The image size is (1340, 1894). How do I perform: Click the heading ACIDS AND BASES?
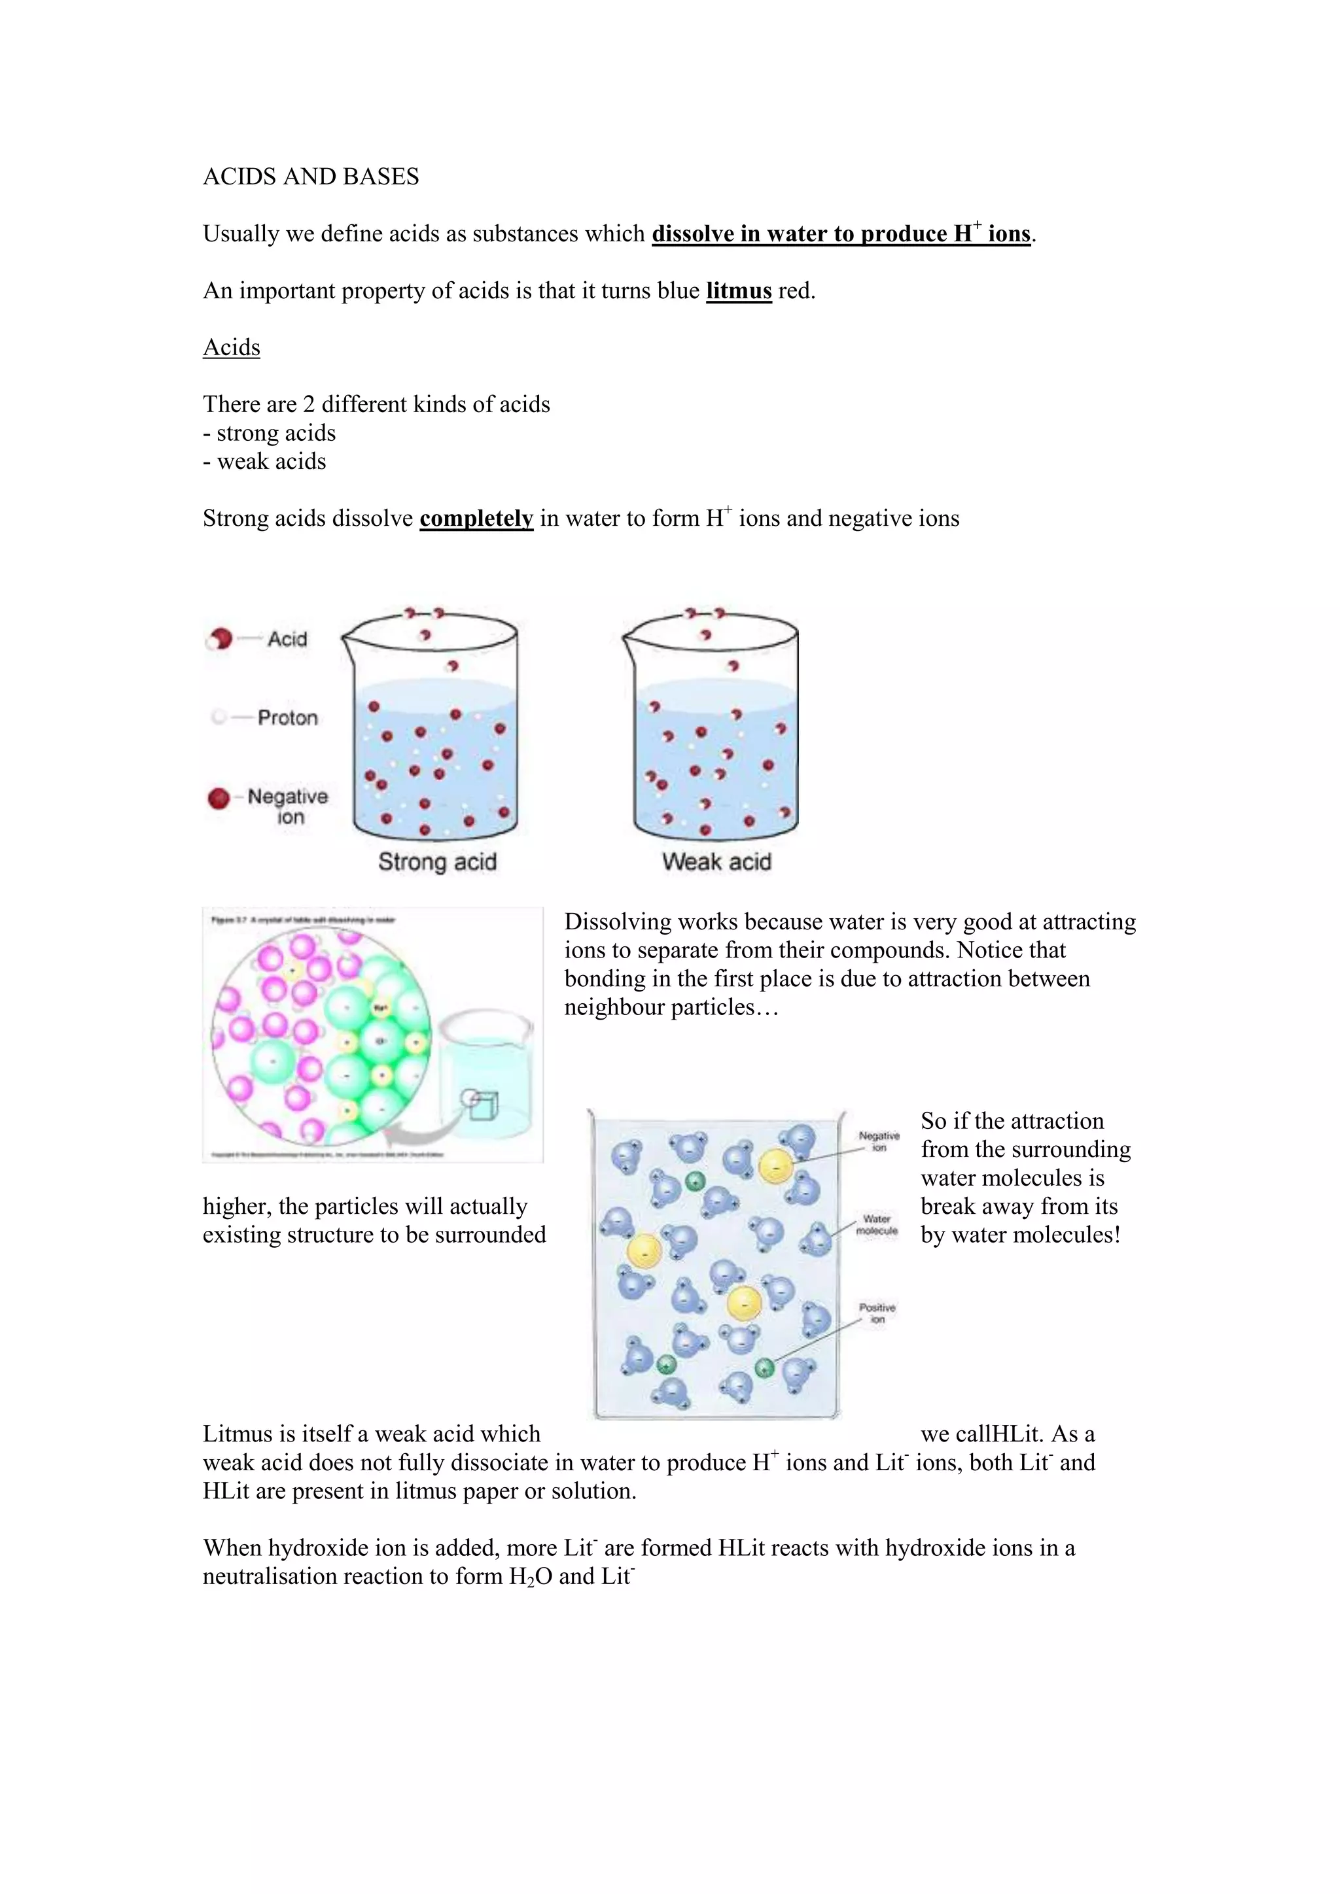point(311,177)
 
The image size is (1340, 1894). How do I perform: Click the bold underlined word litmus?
point(739,291)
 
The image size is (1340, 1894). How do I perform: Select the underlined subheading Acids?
point(231,347)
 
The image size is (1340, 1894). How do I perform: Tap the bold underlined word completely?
point(476,519)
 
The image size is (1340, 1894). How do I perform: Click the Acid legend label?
point(287,640)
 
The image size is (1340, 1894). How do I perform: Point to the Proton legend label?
point(287,717)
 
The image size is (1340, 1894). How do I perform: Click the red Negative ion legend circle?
point(219,799)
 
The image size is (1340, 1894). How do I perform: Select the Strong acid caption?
point(437,862)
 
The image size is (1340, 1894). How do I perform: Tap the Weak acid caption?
point(716,862)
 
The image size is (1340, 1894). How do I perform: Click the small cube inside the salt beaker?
point(484,1105)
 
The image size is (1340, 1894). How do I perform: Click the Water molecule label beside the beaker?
point(876,1225)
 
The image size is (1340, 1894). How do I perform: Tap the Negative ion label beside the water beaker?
point(879,1142)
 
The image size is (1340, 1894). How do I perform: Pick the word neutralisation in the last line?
point(269,1576)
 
